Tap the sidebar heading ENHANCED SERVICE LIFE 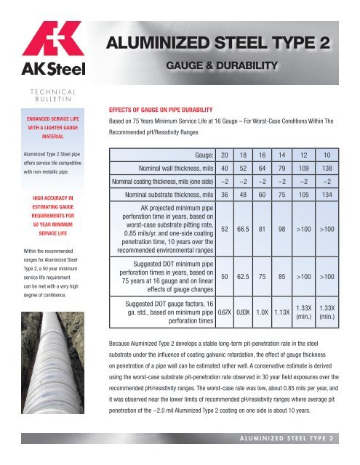[x=48, y=116]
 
